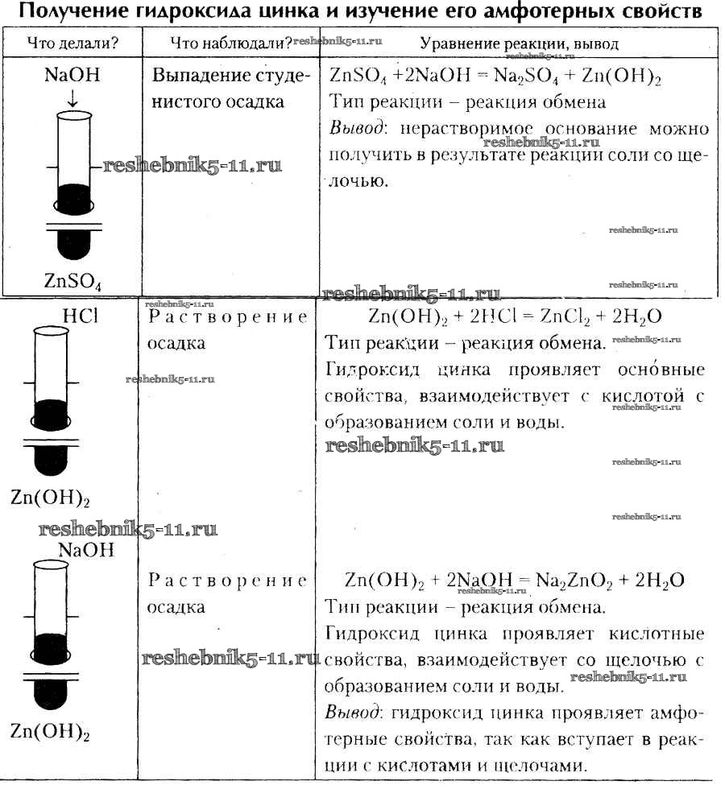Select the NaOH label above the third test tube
pyautogui.click(x=85, y=551)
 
